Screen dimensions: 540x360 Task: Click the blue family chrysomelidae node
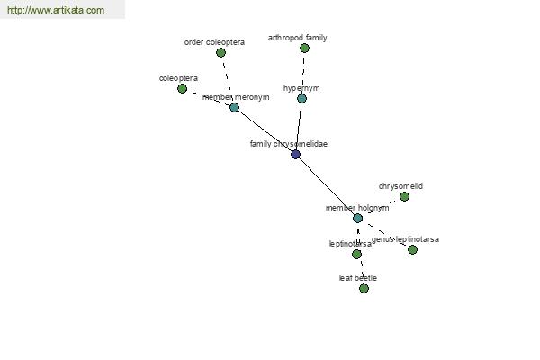point(295,154)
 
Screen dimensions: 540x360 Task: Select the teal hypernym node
point(301,98)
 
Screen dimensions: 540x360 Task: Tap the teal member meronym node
point(234,107)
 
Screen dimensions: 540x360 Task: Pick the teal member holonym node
point(358,218)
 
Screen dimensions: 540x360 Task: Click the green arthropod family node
point(304,49)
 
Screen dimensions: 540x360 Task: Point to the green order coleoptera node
point(220,53)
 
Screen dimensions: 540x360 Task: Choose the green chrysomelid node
point(404,197)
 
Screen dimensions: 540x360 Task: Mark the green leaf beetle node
point(364,288)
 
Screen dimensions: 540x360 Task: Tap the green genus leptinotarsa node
point(412,250)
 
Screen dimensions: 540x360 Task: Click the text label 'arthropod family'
point(298,38)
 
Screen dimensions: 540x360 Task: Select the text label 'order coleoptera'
point(214,42)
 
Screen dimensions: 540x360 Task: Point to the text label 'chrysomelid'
point(400,186)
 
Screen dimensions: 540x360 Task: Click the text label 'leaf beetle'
point(358,278)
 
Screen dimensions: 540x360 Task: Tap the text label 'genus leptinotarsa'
point(405,239)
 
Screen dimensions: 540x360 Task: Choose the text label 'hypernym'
point(301,88)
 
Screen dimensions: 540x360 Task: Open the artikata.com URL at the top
point(56,10)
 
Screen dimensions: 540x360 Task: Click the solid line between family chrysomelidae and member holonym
point(327,186)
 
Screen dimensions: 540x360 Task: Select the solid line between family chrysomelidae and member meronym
point(265,130)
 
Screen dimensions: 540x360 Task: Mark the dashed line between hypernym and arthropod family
point(303,74)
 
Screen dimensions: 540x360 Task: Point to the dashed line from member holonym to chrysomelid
point(381,207)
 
